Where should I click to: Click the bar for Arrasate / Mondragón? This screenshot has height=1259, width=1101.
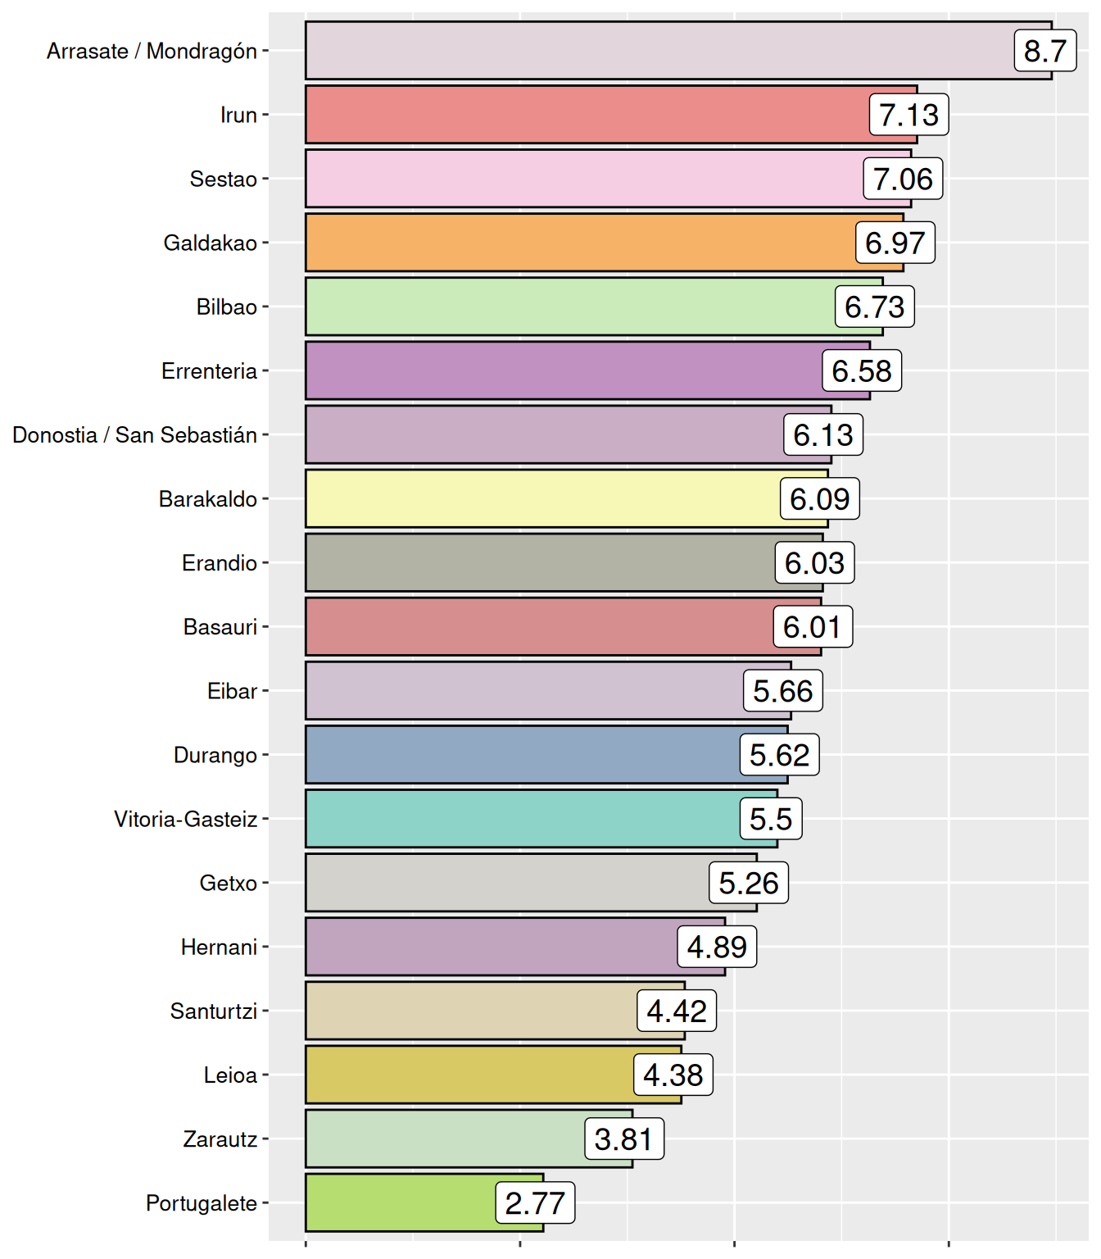point(655,51)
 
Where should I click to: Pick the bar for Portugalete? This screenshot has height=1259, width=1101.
point(401,1202)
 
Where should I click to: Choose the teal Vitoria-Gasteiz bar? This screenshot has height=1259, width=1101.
point(524,818)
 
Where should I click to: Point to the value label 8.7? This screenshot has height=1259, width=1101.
point(1044,51)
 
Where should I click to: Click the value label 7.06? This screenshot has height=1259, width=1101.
point(903,179)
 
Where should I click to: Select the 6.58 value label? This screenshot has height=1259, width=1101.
point(862,370)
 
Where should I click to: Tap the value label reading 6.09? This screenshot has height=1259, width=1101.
point(819,498)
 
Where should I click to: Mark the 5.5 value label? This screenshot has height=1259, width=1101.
point(771,818)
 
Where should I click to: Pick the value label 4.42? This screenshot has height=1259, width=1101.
point(677,1011)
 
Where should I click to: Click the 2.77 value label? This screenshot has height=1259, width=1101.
point(535,1202)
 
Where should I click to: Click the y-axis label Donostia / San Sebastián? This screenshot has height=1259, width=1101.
point(135,434)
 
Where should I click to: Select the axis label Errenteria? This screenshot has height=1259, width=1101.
point(209,370)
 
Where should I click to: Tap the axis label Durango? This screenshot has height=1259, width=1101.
point(215,754)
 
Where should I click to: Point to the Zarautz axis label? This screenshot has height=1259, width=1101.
point(220,1139)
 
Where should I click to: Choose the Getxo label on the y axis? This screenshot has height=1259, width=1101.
point(229,883)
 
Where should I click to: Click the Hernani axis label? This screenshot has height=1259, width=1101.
point(219,947)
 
